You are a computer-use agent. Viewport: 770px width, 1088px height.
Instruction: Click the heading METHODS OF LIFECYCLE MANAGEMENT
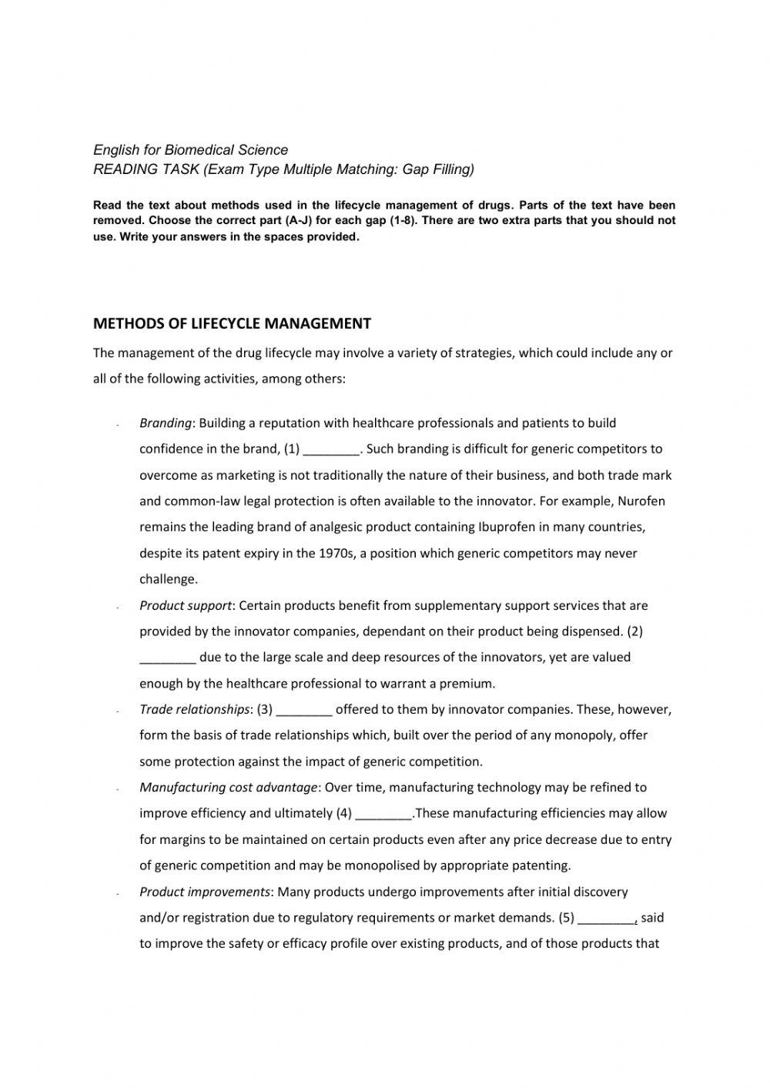[x=232, y=323]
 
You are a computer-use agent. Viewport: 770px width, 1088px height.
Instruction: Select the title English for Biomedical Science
[x=190, y=150]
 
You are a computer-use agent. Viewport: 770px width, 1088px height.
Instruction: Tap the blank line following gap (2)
[x=167, y=658]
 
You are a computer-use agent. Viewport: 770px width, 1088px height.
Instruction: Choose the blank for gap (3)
[x=303, y=710]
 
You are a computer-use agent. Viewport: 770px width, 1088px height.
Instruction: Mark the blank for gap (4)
[x=385, y=814]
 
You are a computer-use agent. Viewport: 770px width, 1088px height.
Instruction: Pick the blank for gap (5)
[x=606, y=918]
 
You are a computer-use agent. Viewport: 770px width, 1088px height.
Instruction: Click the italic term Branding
[x=165, y=423]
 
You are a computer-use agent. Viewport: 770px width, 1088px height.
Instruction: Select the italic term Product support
[x=185, y=606]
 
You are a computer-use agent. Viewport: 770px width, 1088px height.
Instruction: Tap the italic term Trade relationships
[x=195, y=709]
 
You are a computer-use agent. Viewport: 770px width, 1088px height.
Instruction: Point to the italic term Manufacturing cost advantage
[x=228, y=787]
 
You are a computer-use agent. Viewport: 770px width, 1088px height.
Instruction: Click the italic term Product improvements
[x=205, y=892]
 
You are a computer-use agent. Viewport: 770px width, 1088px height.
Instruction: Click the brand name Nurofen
[x=641, y=501]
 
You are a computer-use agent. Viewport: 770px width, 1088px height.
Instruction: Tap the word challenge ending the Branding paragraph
[x=167, y=580]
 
